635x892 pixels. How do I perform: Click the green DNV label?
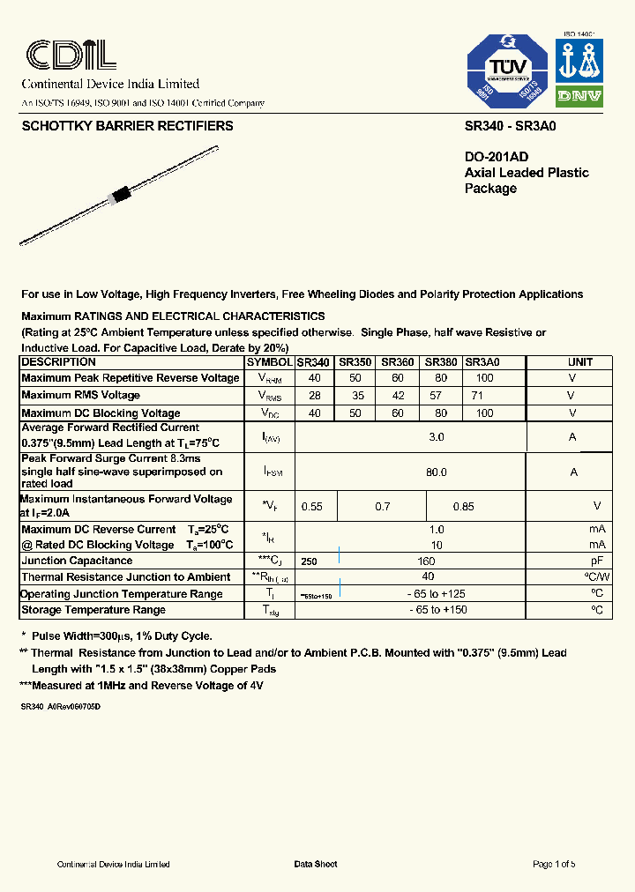click(x=579, y=96)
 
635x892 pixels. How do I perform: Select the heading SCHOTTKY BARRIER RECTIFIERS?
click(x=127, y=126)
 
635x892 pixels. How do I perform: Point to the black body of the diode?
click(x=117, y=195)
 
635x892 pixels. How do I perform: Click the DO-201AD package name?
click(x=497, y=157)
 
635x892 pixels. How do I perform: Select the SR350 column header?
click(x=355, y=362)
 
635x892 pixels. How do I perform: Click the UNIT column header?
click(x=579, y=362)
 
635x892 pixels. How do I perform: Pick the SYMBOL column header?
click(x=269, y=362)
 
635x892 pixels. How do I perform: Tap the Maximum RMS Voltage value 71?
click(x=477, y=396)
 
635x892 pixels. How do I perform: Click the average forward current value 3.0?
click(x=436, y=437)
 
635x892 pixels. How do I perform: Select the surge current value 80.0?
click(x=436, y=472)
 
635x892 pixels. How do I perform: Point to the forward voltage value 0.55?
click(x=312, y=507)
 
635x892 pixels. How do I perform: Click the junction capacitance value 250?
click(x=309, y=561)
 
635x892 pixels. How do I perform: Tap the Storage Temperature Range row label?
click(x=93, y=610)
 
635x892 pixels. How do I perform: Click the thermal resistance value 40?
click(x=428, y=577)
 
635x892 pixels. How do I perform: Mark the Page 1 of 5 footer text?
click(x=554, y=864)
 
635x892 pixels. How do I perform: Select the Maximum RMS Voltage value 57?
click(x=436, y=396)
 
